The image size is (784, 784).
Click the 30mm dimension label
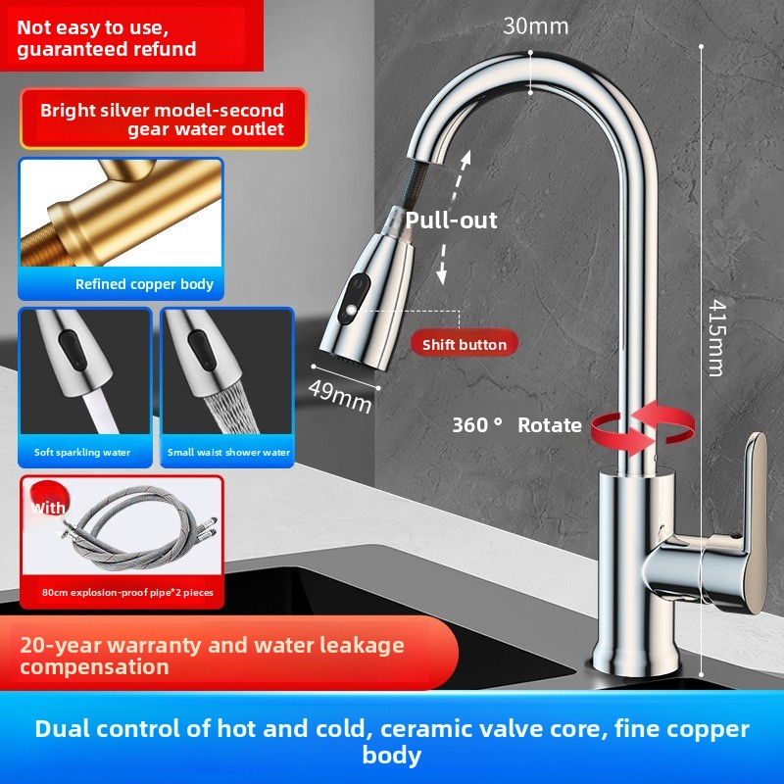tap(535, 26)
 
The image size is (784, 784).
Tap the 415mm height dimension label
tap(717, 337)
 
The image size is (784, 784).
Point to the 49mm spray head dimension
tap(339, 396)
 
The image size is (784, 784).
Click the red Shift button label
tap(464, 345)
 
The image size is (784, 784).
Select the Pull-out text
tap(451, 220)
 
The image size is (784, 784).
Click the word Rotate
tap(550, 425)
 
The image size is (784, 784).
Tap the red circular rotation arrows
tap(643, 426)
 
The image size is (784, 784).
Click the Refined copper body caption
tap(144, 284)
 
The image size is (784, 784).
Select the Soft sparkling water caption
tap(82, 453)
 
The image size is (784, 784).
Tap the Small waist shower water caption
tap(228, 453)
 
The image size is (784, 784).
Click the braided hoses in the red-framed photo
tap(140, 530)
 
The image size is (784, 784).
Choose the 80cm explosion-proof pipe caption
tap(127, 593)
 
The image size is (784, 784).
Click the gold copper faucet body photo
tap(121, 213)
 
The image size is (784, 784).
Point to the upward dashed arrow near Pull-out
tap(461, 175)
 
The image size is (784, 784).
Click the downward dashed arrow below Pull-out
tap(442, 264)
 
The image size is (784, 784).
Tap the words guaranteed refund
tap(107, 49)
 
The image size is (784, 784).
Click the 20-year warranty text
tap(212, 656)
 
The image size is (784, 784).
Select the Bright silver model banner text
tap(162, 120)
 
